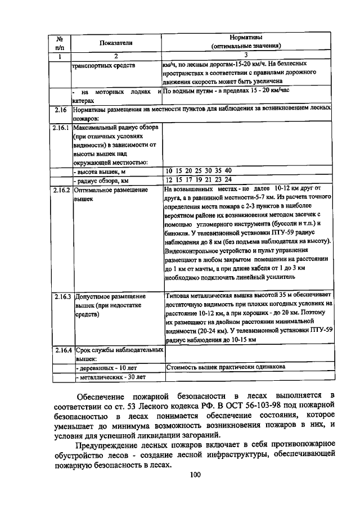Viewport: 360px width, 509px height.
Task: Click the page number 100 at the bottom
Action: (x=195, y=475)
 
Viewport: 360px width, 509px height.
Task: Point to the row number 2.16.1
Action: (x=61, y=128)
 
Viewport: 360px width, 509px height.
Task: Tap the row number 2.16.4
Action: (x=61, y=350)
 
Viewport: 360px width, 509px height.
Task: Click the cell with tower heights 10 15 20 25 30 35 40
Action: (x=199, y=170)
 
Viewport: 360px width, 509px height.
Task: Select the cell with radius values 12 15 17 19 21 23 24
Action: (x=199, y=180)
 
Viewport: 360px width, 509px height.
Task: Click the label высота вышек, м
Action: (x=100, y=171)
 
